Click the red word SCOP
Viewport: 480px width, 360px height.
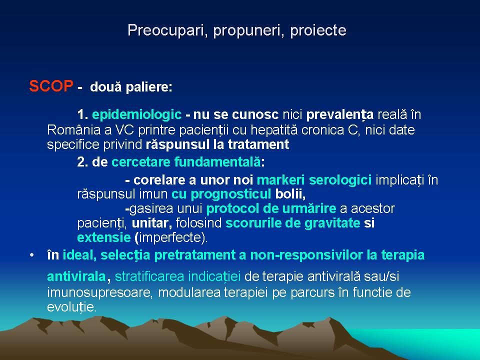[x=51, y=86]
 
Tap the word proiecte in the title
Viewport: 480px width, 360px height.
[x=318, y=30]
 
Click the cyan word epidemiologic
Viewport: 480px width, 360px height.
[x=137, y=115]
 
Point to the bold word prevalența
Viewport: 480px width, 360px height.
[x=340, y=115]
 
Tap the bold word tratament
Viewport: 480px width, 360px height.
[x=258, y=144]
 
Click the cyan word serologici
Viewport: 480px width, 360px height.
[x=340, y=180]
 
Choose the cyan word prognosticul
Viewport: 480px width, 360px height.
[x=231, y=194]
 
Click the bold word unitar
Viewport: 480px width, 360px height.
[x=151, y=223]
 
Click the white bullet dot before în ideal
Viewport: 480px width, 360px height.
[x=32, y=255]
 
